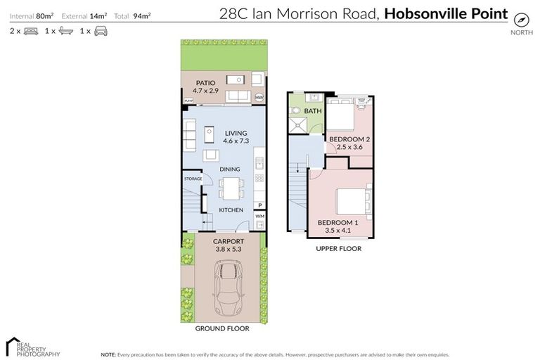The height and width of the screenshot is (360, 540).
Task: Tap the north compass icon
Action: coord(521,19)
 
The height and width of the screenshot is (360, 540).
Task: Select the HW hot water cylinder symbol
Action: coord(259,98)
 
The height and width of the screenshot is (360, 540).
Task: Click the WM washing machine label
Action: coord(259,216)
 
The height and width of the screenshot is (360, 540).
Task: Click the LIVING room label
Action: coord(236,132)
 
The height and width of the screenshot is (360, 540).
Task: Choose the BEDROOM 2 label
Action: coord(349,139)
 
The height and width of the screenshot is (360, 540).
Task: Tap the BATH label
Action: coord(313,111)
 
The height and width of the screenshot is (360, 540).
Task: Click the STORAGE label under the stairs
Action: coord(193,179)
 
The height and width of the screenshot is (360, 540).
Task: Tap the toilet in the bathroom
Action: coord(296,111)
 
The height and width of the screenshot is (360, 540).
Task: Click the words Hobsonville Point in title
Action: coord(446,13)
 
